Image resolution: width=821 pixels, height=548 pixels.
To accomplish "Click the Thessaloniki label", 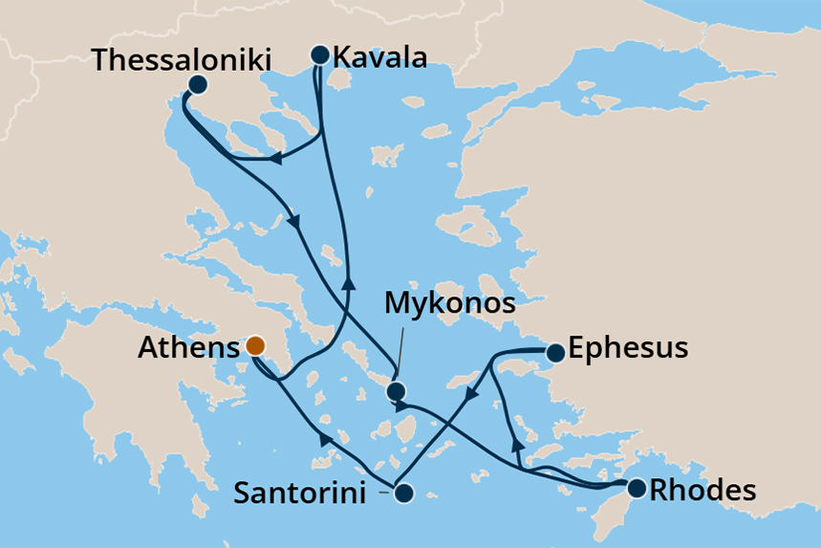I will tap(183, 59).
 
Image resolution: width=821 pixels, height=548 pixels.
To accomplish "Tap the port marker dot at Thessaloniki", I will tap(197, 84).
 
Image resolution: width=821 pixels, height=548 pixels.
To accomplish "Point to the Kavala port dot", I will tap(319, 55).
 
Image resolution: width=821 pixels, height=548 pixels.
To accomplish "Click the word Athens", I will tap(188, 348).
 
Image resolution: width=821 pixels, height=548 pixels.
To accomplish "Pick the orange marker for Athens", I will tap(255, 346).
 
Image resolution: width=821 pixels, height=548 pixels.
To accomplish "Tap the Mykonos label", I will tap(449, 305).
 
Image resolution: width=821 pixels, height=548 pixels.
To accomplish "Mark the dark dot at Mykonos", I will tap(396, 391).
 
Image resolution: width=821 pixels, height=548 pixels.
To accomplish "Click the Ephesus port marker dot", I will tap(554, 354).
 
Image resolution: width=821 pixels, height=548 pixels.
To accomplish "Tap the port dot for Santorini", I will tap(403, 493).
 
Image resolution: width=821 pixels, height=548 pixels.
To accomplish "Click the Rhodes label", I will tap(702, 491).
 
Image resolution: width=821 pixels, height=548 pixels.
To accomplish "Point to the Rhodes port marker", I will tap(636, 489).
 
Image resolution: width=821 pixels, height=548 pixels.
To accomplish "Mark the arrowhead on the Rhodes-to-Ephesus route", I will tap(517, 442).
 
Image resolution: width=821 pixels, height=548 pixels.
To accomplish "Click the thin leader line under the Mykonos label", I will tap(399, 353).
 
